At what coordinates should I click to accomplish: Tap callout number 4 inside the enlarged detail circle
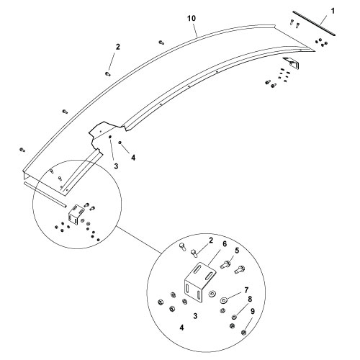point(181,328)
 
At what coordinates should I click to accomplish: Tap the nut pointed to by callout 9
point(245,332)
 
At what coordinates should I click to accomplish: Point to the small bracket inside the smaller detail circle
point(74,215)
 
